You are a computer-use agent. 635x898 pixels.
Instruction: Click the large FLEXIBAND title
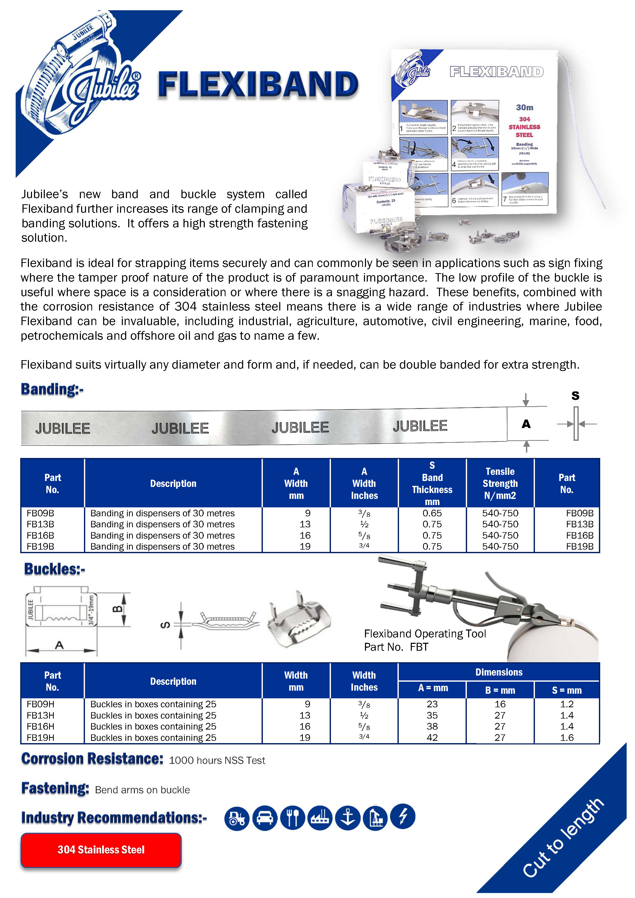(x=258, y=84)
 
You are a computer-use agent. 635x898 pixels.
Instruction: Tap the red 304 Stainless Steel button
(x=101, y=850)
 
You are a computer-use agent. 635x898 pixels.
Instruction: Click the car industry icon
(x=265, y=818)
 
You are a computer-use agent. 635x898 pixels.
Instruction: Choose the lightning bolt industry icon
(x=403, y=817)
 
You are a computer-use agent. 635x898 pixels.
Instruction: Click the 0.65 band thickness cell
(x=432, y=513)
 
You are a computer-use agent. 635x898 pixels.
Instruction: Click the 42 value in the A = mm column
(x=432, y=738)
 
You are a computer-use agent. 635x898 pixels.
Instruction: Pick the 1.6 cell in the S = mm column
(x=567, y=738)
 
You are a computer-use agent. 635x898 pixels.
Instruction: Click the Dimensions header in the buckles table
(x=499, y=672)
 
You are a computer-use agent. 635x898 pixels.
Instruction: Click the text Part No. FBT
(x=396, y=647)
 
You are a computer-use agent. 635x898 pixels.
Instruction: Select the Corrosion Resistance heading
(x=92, y=759)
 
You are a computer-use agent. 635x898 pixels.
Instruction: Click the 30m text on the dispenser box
(x=524, y=108)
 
